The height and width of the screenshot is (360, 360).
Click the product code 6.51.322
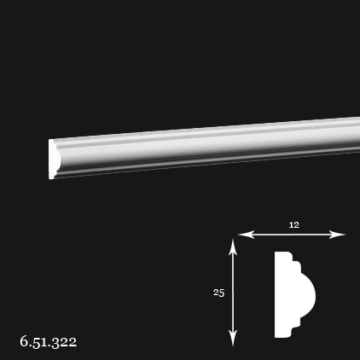[x=49, y=341]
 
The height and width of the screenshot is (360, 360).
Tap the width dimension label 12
[x=294, y=225]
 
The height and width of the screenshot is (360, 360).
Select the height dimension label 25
[x=219, y=293]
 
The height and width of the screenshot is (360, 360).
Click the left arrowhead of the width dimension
[x=246, y=235]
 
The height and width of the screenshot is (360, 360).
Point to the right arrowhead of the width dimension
[x=337, y=235]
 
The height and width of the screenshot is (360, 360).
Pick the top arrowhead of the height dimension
[x=233, y=247]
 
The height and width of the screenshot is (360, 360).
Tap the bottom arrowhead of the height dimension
[x=233, y=339]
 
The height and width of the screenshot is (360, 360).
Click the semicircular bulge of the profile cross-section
[x=307, y=294]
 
